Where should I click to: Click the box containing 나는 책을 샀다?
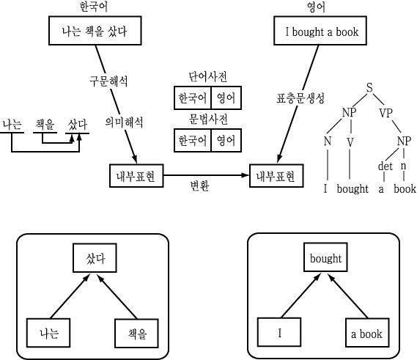pos(95,31)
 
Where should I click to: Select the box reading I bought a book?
pos(320,31)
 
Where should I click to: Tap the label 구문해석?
pos(108,81)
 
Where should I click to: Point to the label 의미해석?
pos(124,122)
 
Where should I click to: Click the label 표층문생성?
pos(300,98)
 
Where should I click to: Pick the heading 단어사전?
pos(207,77)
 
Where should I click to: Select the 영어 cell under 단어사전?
pos(226,98)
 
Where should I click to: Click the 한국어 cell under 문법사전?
pos(192,140)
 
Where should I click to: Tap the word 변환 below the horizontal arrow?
pos(199,185)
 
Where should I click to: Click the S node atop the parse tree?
pos(369,87)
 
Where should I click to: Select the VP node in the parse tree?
pos(385,113)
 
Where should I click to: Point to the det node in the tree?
pos(385,166)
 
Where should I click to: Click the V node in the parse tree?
pos(350,142)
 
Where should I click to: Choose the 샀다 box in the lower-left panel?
pos(95,258)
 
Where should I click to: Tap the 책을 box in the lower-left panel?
pos(137,333)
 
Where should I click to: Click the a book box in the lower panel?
pos(367,333)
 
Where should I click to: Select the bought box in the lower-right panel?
pos(325,257)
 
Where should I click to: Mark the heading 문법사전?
pos(207,120)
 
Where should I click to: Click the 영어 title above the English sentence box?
pos(316,7)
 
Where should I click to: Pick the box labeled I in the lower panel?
pos(279,332)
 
